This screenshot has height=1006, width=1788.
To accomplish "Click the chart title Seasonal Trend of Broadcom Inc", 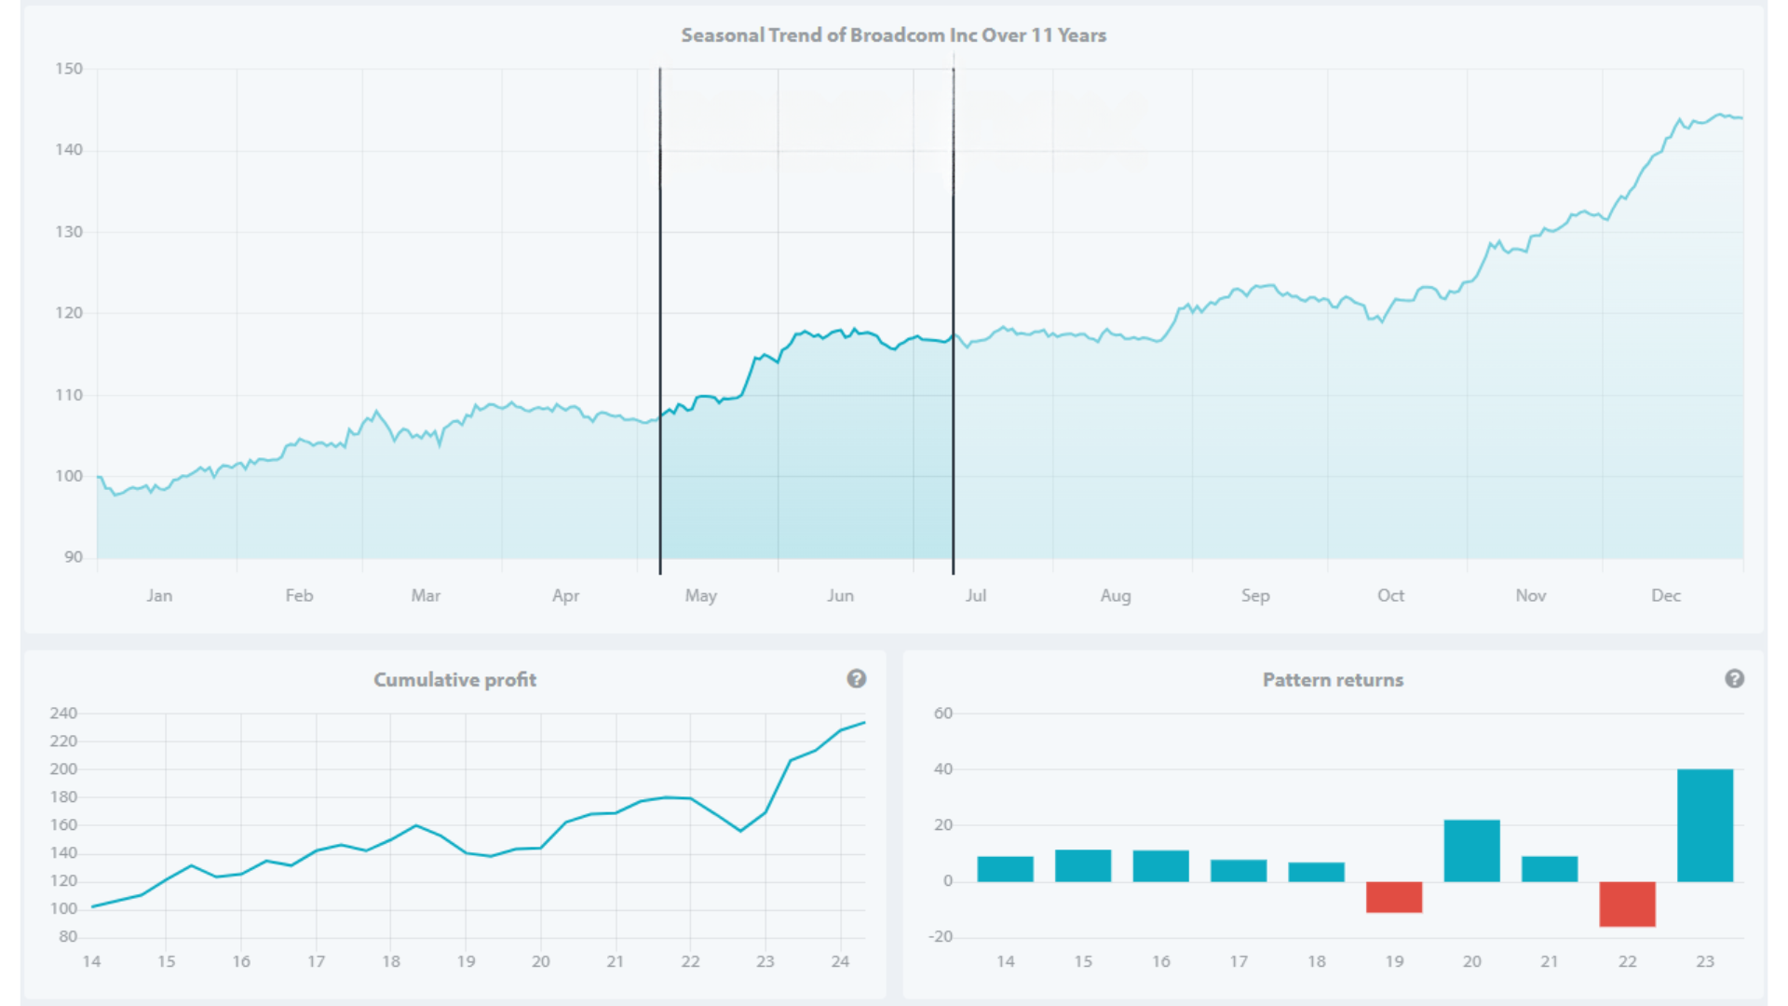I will tap(893, 35).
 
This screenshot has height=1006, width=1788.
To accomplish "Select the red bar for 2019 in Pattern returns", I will tap(1393, 897).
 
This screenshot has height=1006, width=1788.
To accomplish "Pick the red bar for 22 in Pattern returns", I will tap(1627, 904).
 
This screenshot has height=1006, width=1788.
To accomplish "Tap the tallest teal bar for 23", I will tap(1704, 825).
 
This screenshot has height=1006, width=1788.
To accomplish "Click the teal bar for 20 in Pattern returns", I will tap(1471, 850).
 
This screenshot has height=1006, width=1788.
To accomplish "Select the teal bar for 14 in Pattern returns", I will tap(1005, 869).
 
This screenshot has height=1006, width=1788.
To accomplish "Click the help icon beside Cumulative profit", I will tap(856, 679).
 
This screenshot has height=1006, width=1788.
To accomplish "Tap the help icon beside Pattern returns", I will tap(1734, 679).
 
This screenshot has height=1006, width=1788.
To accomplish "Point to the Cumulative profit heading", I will tap(454, 680).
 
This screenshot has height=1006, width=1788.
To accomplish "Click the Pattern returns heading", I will tap(1333, 680).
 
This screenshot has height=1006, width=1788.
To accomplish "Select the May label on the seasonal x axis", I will tap(700, 595).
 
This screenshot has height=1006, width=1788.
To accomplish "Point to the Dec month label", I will tap(1665, 595).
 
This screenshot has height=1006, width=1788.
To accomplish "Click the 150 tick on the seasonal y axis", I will tap(69, 69).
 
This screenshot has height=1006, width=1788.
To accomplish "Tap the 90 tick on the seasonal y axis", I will tap(74, 557).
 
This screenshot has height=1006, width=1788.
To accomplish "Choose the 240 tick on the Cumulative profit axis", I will tap(63, 714).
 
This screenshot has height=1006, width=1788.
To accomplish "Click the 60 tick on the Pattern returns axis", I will tap(943, 714).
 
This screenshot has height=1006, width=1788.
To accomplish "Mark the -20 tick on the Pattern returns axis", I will tap(941, 937).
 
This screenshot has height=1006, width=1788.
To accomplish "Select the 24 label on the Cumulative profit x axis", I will tap(840, 961).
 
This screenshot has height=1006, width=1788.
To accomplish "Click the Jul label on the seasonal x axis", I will tap(975, 595).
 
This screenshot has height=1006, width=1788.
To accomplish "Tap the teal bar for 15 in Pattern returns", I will tap(1082, 865).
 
